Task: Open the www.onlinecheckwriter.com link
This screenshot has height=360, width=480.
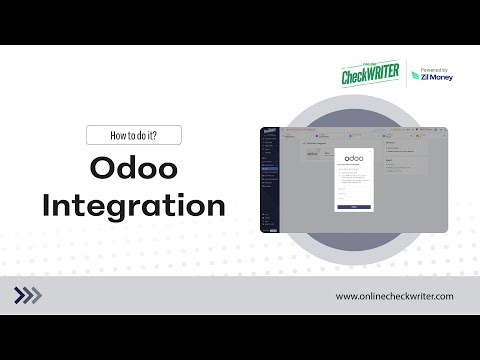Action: [x=395, y=296]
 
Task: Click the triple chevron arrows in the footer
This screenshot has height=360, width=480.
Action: [x=28, y=295]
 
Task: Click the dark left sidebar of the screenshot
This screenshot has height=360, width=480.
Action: [x=268, y=180]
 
